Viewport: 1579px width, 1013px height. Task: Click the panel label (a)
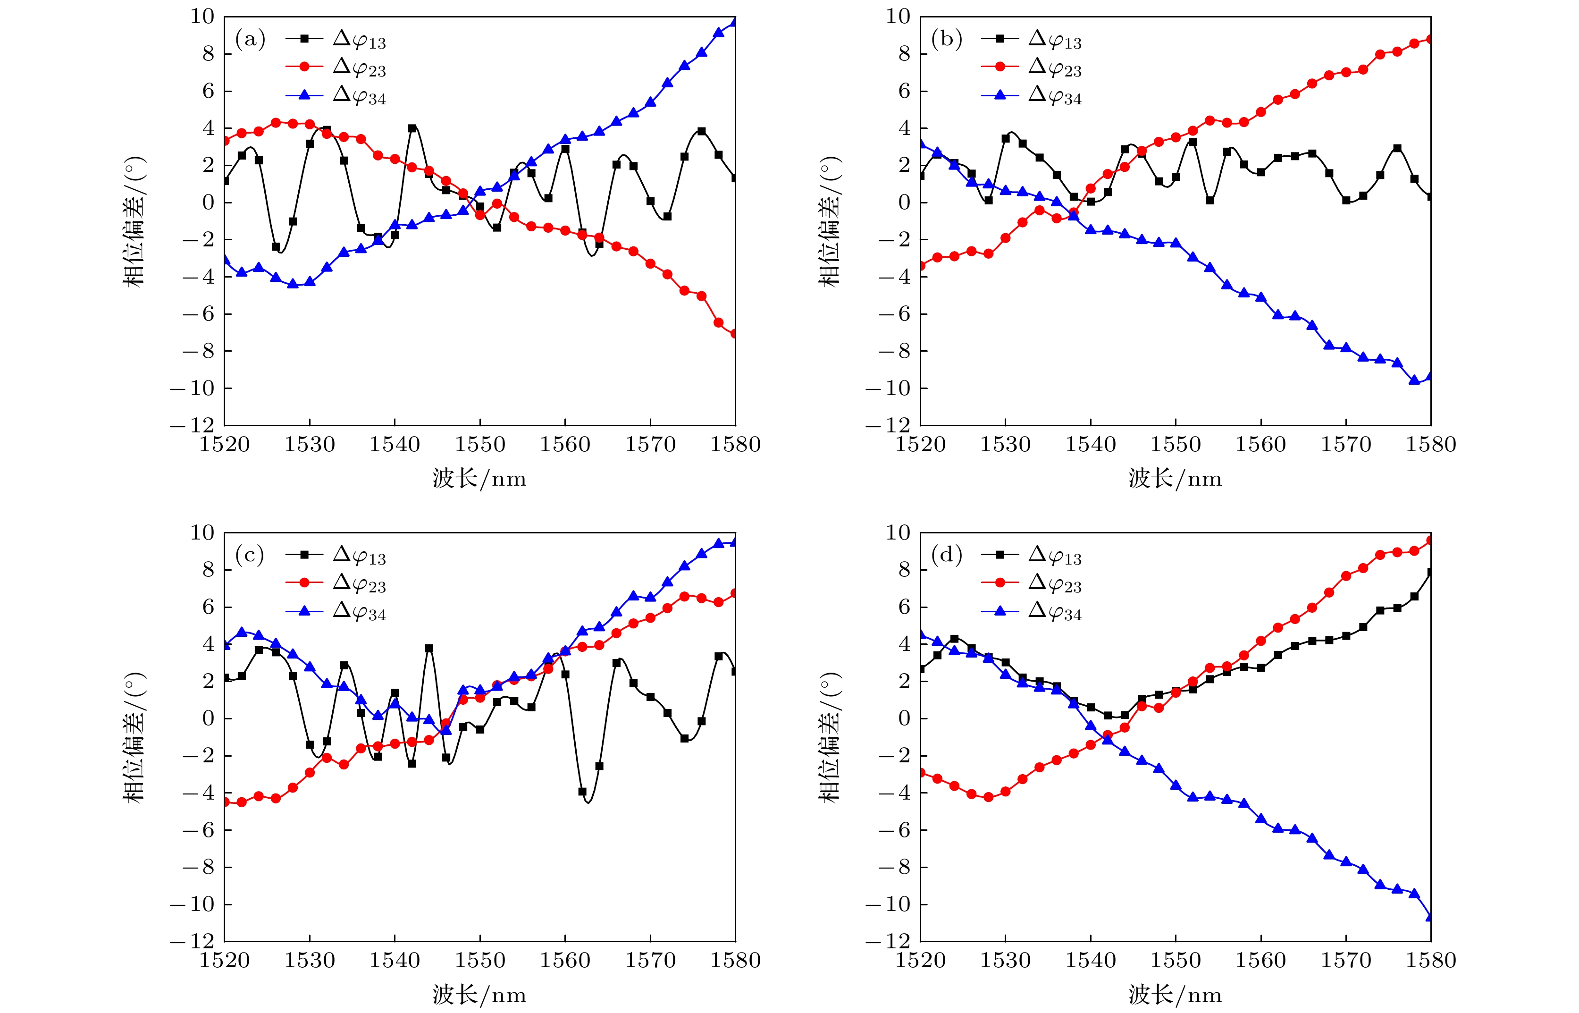click(x=250, y=40)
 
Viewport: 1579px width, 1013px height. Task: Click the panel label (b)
click(x=946, y=40)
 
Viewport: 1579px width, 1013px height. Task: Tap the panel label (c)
click(x=250, y=556)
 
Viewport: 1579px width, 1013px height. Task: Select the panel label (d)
click(x=946, y=556)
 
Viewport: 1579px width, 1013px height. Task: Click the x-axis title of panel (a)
click(x=479, y=478)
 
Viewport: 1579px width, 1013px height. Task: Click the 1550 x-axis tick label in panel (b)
click(x=1175, y=445)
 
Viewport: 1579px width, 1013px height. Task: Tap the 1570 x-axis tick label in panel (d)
click(x=1345, y=961)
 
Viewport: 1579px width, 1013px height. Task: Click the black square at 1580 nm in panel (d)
click(x=1430, y=572)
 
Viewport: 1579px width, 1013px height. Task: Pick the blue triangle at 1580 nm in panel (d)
click(x=1430, y=916)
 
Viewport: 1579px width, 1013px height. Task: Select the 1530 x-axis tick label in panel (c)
click(x=309, y=961)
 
